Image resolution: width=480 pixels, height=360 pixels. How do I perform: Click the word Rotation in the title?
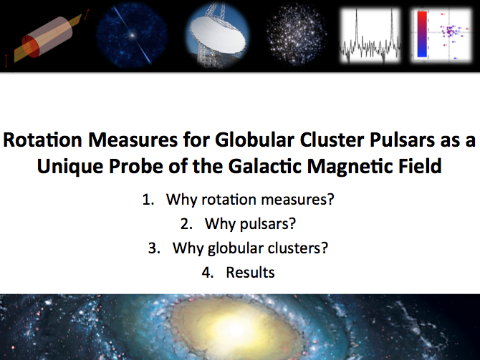[42, 140]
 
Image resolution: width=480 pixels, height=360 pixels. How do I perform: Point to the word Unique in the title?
[70, 166]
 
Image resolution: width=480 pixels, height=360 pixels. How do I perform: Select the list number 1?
[148, 200]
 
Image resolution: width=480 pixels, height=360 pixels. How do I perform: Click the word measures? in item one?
[297, 200]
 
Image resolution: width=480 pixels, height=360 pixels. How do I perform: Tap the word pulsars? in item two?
[267, 224]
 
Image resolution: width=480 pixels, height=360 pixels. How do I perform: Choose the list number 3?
[154, 248]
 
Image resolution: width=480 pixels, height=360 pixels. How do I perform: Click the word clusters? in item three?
[298, 248]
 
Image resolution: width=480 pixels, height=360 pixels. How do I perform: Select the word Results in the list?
[250, 272]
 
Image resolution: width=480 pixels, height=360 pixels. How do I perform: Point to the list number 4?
[207, 273]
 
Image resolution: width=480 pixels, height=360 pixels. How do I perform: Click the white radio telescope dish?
[218, 37]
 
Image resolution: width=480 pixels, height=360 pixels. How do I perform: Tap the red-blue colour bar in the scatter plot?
[422, 34]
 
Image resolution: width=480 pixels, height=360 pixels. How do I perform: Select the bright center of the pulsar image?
[132, 35]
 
